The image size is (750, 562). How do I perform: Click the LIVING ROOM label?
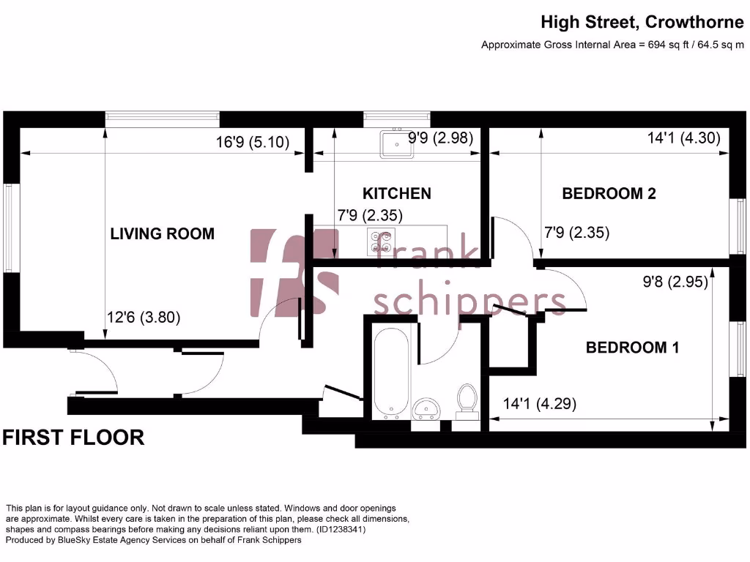click(x=162, y=234)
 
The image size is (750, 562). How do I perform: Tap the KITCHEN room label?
click(x=396, y=194)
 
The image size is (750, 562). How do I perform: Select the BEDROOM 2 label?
click(x=608, y=194)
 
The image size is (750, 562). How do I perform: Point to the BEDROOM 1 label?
click(x=632, y=348)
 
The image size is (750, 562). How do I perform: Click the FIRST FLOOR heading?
click(x=73, y=438)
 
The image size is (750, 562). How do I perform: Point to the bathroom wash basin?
click(x=426, y=408)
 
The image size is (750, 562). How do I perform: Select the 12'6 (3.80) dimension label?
click(x=144, y=318)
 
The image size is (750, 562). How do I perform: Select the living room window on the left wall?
click(x=10, y=227)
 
